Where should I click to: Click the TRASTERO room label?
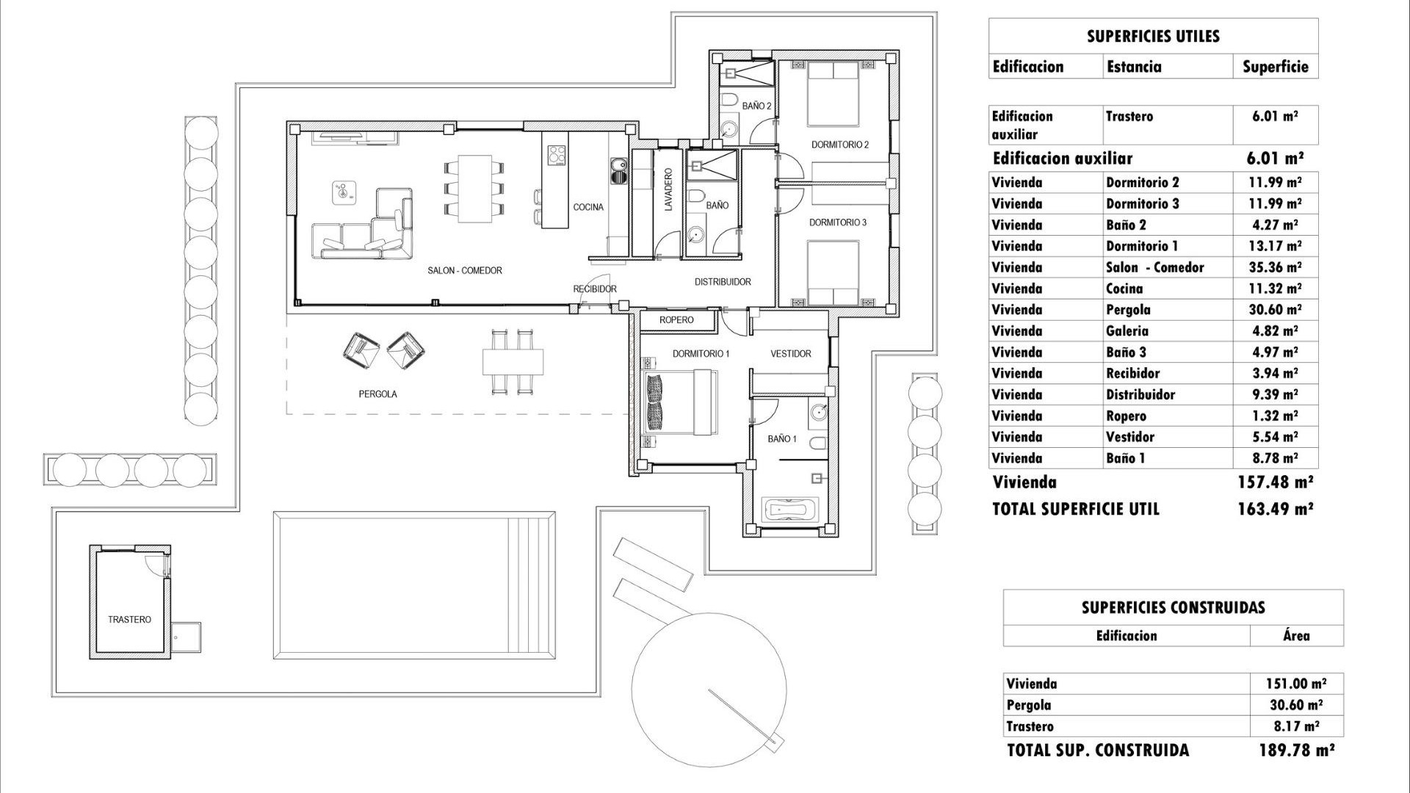point(129,620)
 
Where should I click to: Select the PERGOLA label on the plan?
point(377,394)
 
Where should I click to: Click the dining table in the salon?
point(474,189)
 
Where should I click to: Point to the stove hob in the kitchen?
point(557,155)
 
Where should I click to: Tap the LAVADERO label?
point(668,190)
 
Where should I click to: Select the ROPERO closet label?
point(676,320)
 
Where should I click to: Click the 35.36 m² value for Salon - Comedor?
point(1275,267)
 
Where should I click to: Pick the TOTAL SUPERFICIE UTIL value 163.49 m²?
point(1275,509)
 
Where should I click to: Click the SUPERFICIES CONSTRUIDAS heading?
point(1173,608)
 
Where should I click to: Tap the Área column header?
point(1296,636)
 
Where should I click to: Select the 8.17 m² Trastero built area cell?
point(1296,726)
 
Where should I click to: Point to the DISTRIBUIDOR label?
point(723,282)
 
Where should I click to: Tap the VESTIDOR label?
point(790,354)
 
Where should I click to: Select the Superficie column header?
point(1275,67)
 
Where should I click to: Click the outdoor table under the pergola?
point(513,361)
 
